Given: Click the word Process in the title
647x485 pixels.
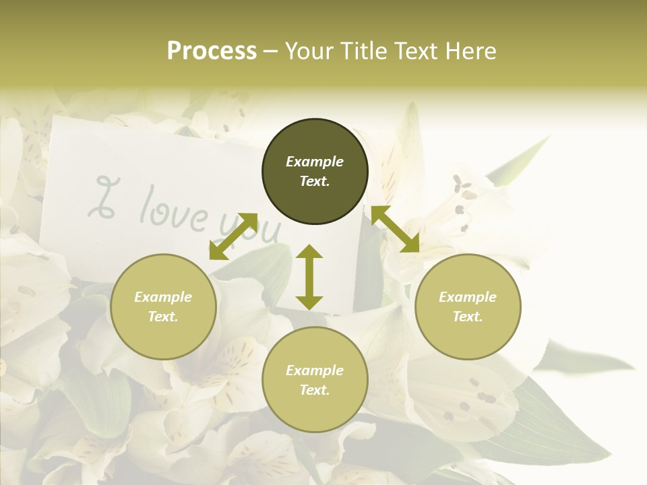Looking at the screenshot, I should point(212,51).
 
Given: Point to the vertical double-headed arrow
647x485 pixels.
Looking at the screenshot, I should point(309,277).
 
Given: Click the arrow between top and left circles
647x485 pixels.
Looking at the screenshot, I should point(233,236).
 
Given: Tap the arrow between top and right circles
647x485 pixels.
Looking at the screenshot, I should point(396,229).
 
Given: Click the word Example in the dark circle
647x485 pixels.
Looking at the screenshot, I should point(315,162).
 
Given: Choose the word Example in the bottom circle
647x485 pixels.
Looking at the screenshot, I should point(315,370).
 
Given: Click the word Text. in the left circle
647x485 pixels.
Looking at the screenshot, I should point(163,317).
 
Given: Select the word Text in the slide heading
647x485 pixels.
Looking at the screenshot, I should point(417,51).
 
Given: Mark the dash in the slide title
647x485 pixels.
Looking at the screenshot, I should point(271,52).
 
